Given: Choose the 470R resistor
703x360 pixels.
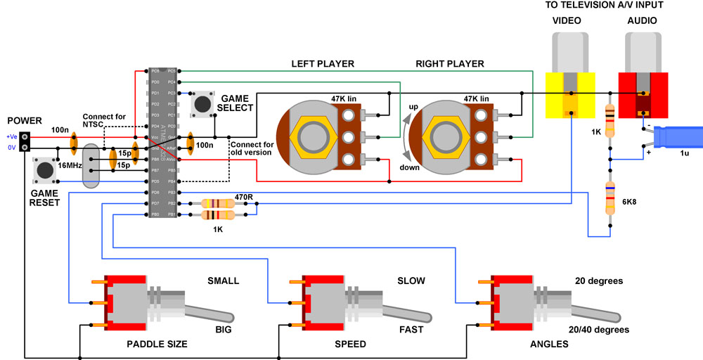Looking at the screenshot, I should pos(218,204).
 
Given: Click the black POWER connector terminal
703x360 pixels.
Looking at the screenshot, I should pos(25,141).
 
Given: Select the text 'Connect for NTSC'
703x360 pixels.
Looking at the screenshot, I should pos(104,120).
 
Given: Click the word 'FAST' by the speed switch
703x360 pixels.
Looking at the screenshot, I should pos(411,328).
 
